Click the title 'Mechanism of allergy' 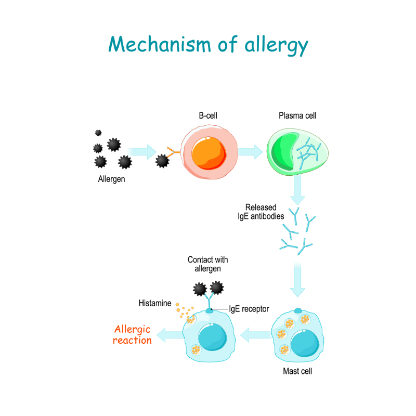208,45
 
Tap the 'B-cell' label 209,116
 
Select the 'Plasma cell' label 297,116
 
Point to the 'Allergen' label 111,179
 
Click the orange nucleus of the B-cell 209,152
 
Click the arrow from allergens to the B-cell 141,152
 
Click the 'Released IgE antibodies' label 257,211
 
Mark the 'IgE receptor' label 249,309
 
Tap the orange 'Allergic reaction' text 133,335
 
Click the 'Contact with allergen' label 208,264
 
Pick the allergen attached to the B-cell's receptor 162,162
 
